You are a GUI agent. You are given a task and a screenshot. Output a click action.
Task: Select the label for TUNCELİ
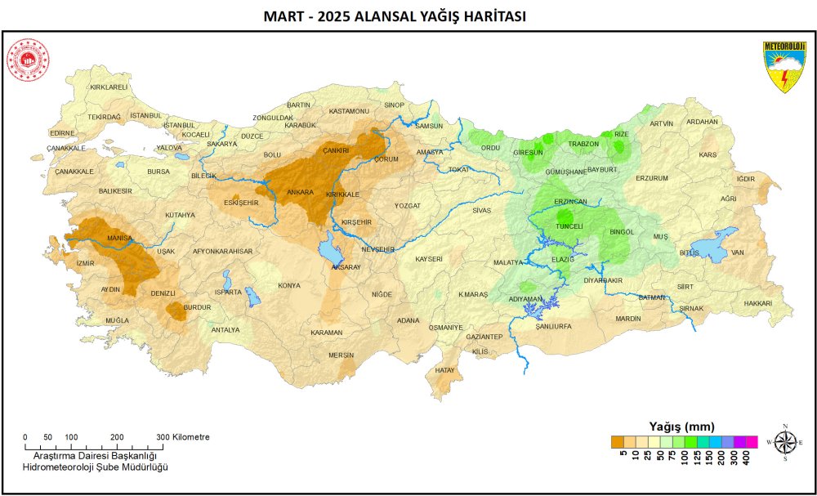pos(569,226)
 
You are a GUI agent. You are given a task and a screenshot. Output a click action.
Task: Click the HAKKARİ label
pos(758,303)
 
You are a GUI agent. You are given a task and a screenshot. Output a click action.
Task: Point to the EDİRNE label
pos(62,132)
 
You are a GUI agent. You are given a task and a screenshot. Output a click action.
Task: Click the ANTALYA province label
pos(225,329)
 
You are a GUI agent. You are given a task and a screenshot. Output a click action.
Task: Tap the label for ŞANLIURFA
pos(553,325)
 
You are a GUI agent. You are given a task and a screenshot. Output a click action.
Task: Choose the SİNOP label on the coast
pos(394,105)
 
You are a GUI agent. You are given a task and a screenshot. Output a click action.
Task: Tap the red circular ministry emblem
pos(29,61)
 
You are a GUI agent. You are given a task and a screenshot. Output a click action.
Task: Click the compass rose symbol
pos(785,442)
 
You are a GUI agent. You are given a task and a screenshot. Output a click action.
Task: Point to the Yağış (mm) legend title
pos(681,427)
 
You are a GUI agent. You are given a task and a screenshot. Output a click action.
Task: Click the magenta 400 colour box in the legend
pos(752,442)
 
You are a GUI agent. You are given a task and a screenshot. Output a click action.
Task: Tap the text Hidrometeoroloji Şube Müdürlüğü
pos(95,466)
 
